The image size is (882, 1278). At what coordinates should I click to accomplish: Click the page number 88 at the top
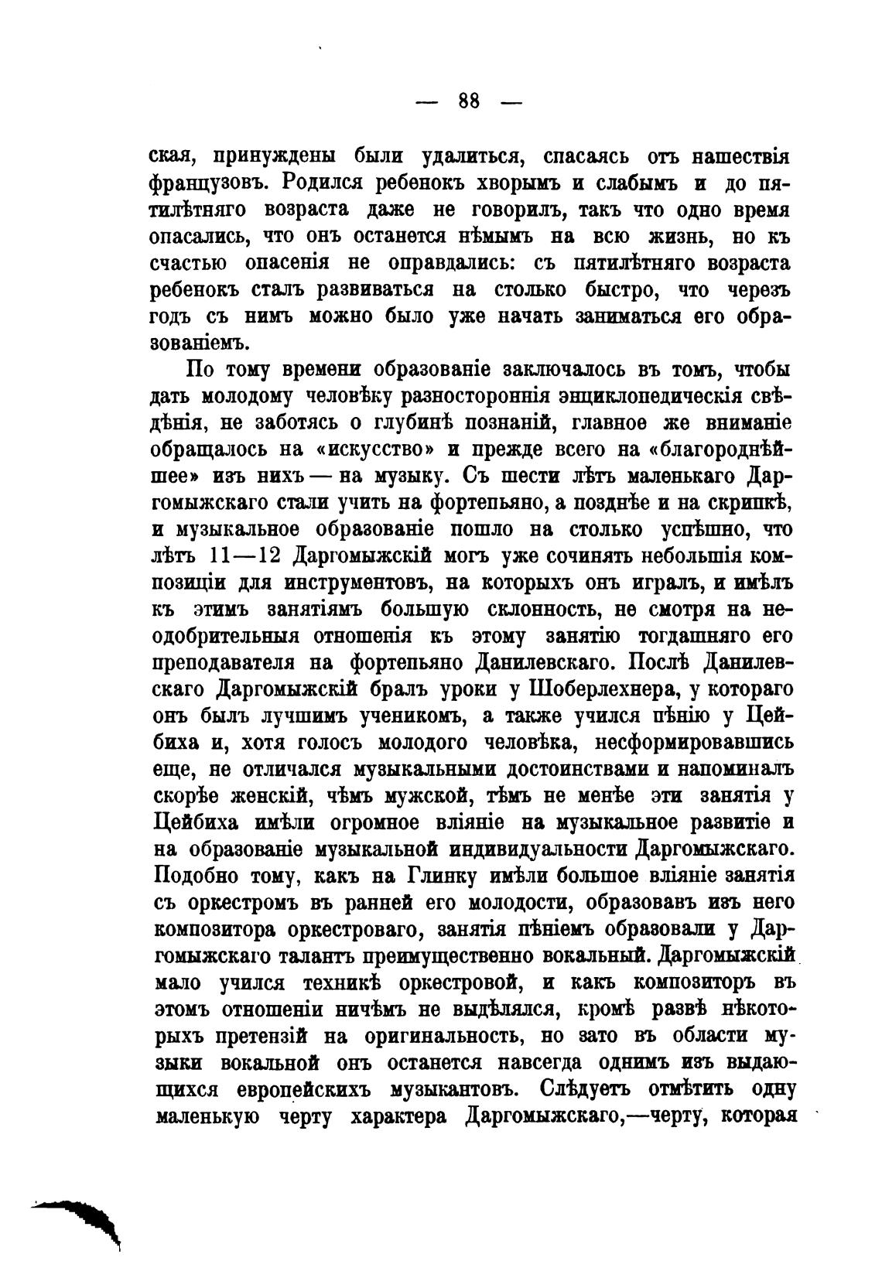469,101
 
